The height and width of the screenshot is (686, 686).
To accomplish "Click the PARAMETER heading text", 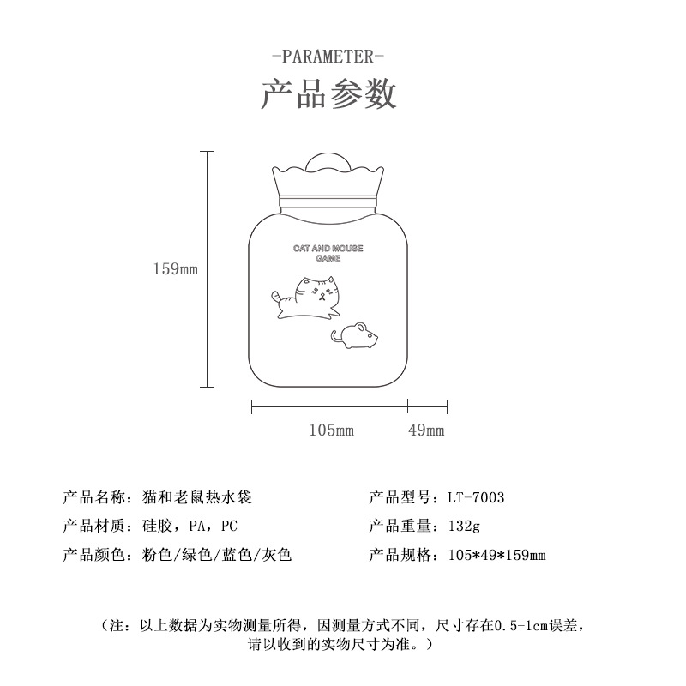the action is coord(328,57).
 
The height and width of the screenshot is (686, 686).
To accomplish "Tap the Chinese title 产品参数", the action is coord(328,93).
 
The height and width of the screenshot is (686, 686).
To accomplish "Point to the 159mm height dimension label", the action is coord(176,268).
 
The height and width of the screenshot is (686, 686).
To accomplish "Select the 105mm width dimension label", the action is coord(331,430).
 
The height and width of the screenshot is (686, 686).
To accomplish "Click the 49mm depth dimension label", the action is coord(426,430).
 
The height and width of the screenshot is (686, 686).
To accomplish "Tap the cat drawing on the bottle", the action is coord(306,297).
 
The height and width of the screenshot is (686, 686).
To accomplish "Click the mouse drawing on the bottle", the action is coord(354,335).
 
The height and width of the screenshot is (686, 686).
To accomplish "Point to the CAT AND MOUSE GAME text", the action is coord(328,253).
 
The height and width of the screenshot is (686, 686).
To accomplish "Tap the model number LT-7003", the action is coord(476,497).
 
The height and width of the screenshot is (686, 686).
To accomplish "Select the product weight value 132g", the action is coord(464,526).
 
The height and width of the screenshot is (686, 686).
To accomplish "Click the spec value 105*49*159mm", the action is coord(497,555).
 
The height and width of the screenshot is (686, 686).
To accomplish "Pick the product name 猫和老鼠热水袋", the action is coord(197,497).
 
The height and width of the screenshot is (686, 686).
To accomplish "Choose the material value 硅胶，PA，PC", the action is coord(190,526).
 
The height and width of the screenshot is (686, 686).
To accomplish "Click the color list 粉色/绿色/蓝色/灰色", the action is coord(217,555).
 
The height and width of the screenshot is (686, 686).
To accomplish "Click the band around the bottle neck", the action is coord(328,201).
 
